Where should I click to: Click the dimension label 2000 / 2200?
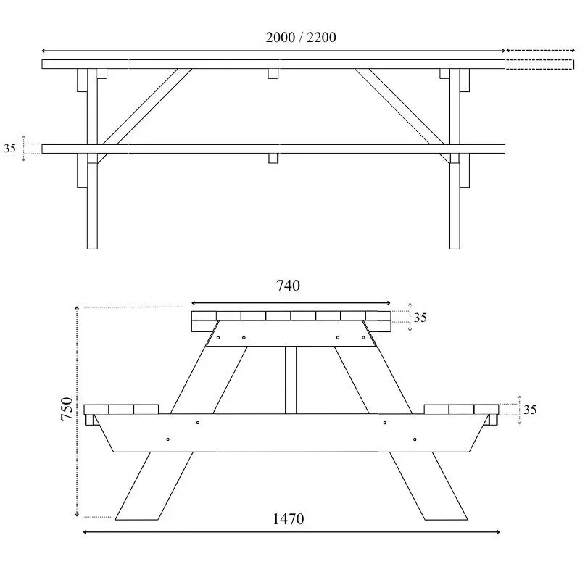tap(301, 38)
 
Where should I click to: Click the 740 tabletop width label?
tap(288, 286)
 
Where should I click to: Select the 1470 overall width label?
tap(289, 518)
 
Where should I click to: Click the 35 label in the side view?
tap(10, 149)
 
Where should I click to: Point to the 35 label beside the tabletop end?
tap(420, 317)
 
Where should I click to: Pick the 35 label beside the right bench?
tap(530, 410)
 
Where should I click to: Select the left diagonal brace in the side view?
tap(145, 107)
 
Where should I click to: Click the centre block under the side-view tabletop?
tap(273, 74)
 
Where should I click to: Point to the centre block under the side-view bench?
tap(273, 158)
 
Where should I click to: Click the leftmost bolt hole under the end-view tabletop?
tap(218, 337)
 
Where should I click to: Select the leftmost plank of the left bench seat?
tap(97, 409)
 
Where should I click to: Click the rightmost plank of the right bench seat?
tap(486, 409)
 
